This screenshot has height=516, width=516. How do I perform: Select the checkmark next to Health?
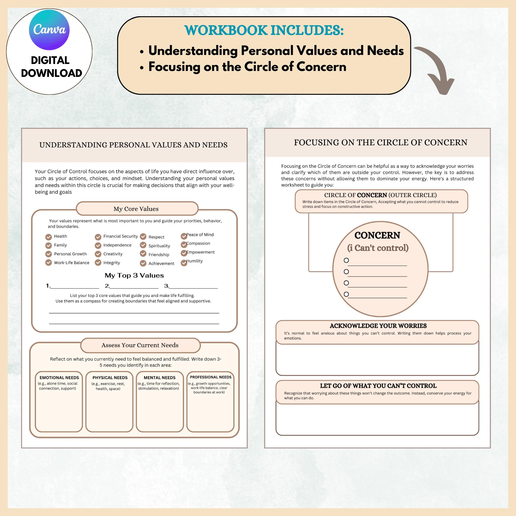click(48, 237)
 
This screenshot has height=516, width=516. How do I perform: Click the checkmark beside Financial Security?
click(98, 237)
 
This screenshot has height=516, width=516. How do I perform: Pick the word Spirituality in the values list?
click(159, 246)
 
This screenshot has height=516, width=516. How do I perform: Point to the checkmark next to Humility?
click(184, 263)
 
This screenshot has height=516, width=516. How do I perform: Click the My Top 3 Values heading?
click(134, 275)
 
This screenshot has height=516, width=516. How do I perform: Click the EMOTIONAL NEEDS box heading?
click(59, 378)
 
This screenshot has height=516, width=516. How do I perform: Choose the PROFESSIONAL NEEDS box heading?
click(211, 377)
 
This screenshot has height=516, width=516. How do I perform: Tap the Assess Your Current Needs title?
click(140, 345)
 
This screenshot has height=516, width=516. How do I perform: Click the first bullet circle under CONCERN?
click(346, 260)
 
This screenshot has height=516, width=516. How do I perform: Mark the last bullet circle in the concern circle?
click(346, 294)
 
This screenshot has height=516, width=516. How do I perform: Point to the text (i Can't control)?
click(378, 248)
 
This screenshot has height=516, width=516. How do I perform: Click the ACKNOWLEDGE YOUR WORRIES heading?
click(378, 326)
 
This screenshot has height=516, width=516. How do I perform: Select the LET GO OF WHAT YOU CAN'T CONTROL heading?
click(378, 386)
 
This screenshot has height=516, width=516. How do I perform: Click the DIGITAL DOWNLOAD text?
click(51, 67)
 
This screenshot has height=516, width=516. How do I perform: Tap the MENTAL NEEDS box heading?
click(159, 378)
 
